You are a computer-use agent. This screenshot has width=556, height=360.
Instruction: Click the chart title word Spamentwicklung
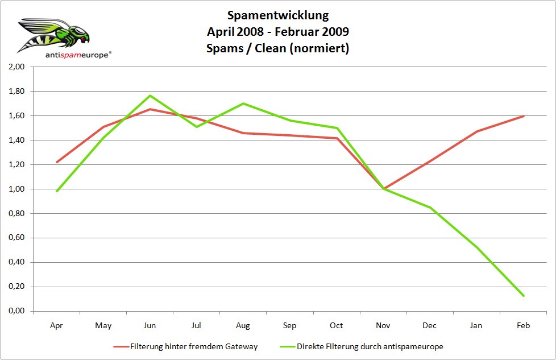[277, 15]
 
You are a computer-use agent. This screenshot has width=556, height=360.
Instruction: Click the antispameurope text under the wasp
[78, 55]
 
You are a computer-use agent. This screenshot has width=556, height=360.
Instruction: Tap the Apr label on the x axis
[56, 325]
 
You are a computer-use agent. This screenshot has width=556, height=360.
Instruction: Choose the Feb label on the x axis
[523, 325]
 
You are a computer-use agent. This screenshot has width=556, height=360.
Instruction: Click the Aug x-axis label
[243, 325]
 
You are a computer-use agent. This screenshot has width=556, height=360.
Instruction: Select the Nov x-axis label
[383, 325]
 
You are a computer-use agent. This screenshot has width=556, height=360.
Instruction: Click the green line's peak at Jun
[150, 96]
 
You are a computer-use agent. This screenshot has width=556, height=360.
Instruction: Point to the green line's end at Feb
[523, 296]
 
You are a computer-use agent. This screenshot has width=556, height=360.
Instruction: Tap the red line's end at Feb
[523, 116]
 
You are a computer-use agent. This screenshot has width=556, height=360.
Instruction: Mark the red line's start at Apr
[56, 162]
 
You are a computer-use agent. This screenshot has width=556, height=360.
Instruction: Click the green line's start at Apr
[56, 191]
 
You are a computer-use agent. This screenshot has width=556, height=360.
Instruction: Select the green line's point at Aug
[243, 104]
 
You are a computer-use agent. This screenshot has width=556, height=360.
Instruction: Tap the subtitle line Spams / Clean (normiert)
[277, 48]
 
